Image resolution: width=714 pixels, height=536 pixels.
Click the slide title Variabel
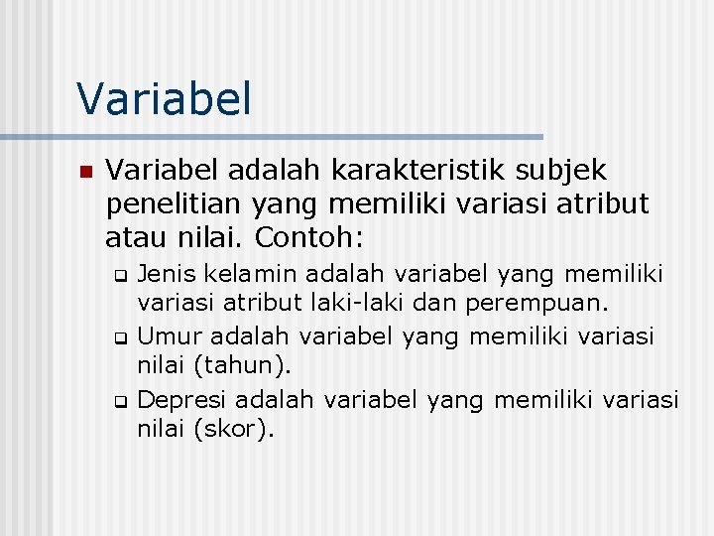165,98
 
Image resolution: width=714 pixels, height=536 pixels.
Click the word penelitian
175,204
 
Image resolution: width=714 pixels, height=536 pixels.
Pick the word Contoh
309,238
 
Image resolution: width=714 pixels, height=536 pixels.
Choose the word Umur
167,335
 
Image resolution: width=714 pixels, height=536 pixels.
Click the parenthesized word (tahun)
243,366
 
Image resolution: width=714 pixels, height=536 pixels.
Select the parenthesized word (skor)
235,430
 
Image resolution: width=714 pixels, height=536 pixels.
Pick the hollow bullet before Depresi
120,402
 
